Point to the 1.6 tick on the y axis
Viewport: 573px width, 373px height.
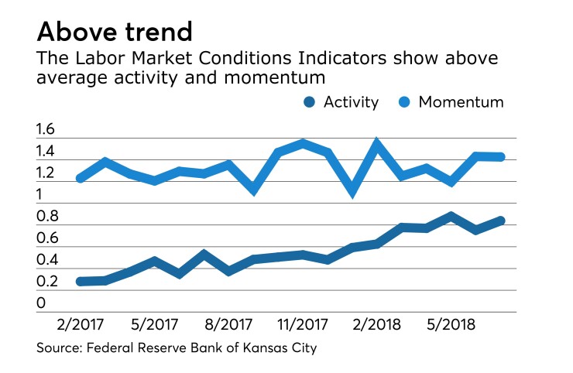[x=46, y=130]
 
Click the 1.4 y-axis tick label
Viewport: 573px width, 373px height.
[x=46, y=152]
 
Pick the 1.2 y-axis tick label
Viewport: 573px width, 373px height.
[x=46, y=173]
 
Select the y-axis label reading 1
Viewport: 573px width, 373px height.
[x=39, y=195]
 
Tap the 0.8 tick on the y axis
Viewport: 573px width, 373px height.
[x=46, y=217]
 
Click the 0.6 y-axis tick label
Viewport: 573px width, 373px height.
[x=46, y=238]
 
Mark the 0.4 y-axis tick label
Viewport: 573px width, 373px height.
[x=46, y=260]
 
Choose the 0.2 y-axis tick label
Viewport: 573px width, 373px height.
[x=46, y=282]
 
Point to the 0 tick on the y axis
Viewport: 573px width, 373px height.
[x=40, y=303]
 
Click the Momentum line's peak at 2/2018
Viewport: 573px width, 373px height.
[x=376, y=143]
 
